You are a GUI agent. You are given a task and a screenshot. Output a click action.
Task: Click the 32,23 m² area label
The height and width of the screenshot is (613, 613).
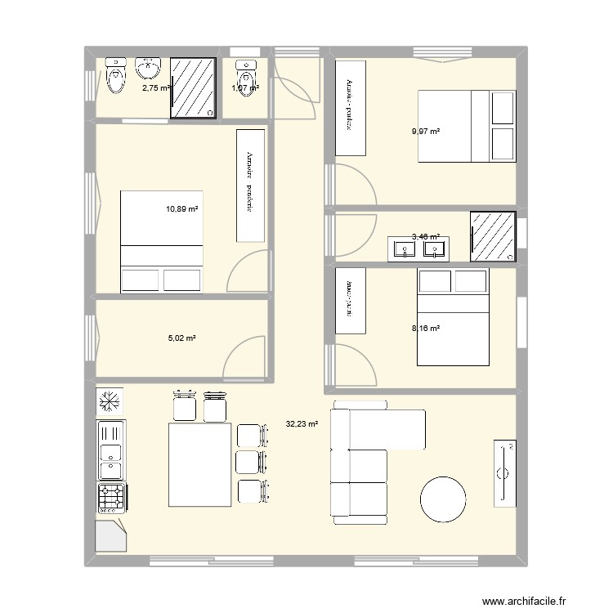pyautogui.click(x=302, y=424)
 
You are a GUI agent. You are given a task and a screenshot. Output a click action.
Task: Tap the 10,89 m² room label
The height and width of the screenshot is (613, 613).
pyautogui.click(x=182, y=209)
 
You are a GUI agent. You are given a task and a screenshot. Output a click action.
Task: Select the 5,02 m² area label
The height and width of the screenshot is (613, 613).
pyautogui.click(x=181, y=338)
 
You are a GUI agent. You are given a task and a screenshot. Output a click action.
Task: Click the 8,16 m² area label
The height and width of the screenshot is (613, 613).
pyautogui.click(x=426, y=329)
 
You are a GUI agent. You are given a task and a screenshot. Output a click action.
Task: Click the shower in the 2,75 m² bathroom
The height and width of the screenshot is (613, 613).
pyautogui.click(x=195, y=87)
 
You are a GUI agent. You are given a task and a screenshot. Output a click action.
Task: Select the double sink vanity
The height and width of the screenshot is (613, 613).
pyautogui.click(x=417, y=247)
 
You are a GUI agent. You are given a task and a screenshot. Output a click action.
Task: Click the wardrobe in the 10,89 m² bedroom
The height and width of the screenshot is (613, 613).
pyautogui.click(x=249, y=186)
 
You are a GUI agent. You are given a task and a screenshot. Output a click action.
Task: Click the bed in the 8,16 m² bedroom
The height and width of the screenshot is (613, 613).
pyautogui.click(x=452, y=317)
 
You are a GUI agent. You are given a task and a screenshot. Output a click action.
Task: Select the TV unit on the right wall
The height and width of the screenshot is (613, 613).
pyautogui.click(x=504, y=472)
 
